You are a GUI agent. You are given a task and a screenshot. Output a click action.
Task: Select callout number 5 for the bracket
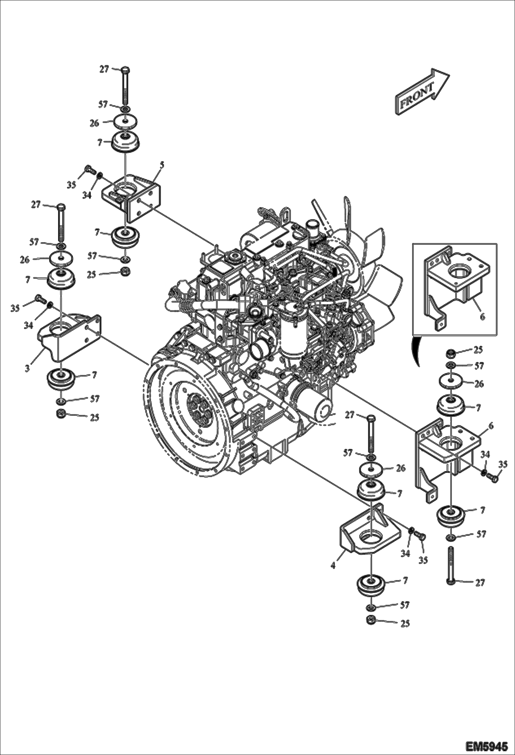coord(162,166)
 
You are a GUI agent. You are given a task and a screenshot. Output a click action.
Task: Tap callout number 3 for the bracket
coord(27,368)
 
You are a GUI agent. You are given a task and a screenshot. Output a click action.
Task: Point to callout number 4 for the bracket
coord(333,565)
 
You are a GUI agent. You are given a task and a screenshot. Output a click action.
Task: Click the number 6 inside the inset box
coord(482,317)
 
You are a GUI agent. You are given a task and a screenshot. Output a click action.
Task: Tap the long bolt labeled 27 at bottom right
coord(450,567)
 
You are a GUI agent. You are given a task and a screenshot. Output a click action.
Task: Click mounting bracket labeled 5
coord(132,196)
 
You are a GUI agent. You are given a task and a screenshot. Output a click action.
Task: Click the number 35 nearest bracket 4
coord(423,560)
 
